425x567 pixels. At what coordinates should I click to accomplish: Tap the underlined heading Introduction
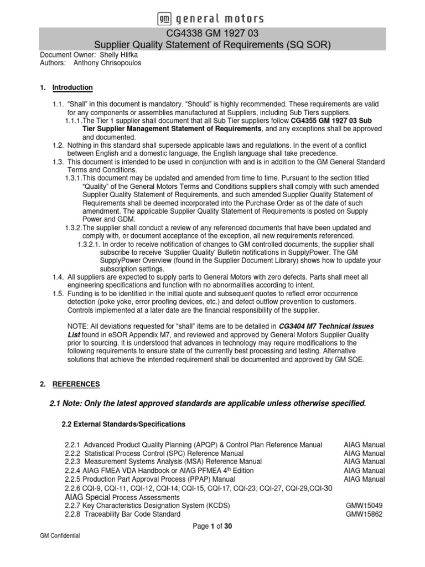tap(72, 87)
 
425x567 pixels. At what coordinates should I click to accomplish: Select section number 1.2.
tap(59, 145)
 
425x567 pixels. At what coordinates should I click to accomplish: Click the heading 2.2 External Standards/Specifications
tap(123, 424)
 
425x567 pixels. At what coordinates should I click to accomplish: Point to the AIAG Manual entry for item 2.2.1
tap(364, 445)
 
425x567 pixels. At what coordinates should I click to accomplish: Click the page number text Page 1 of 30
tap(212, 527)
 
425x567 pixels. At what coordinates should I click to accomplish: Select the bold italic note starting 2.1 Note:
tap(208, 403)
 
